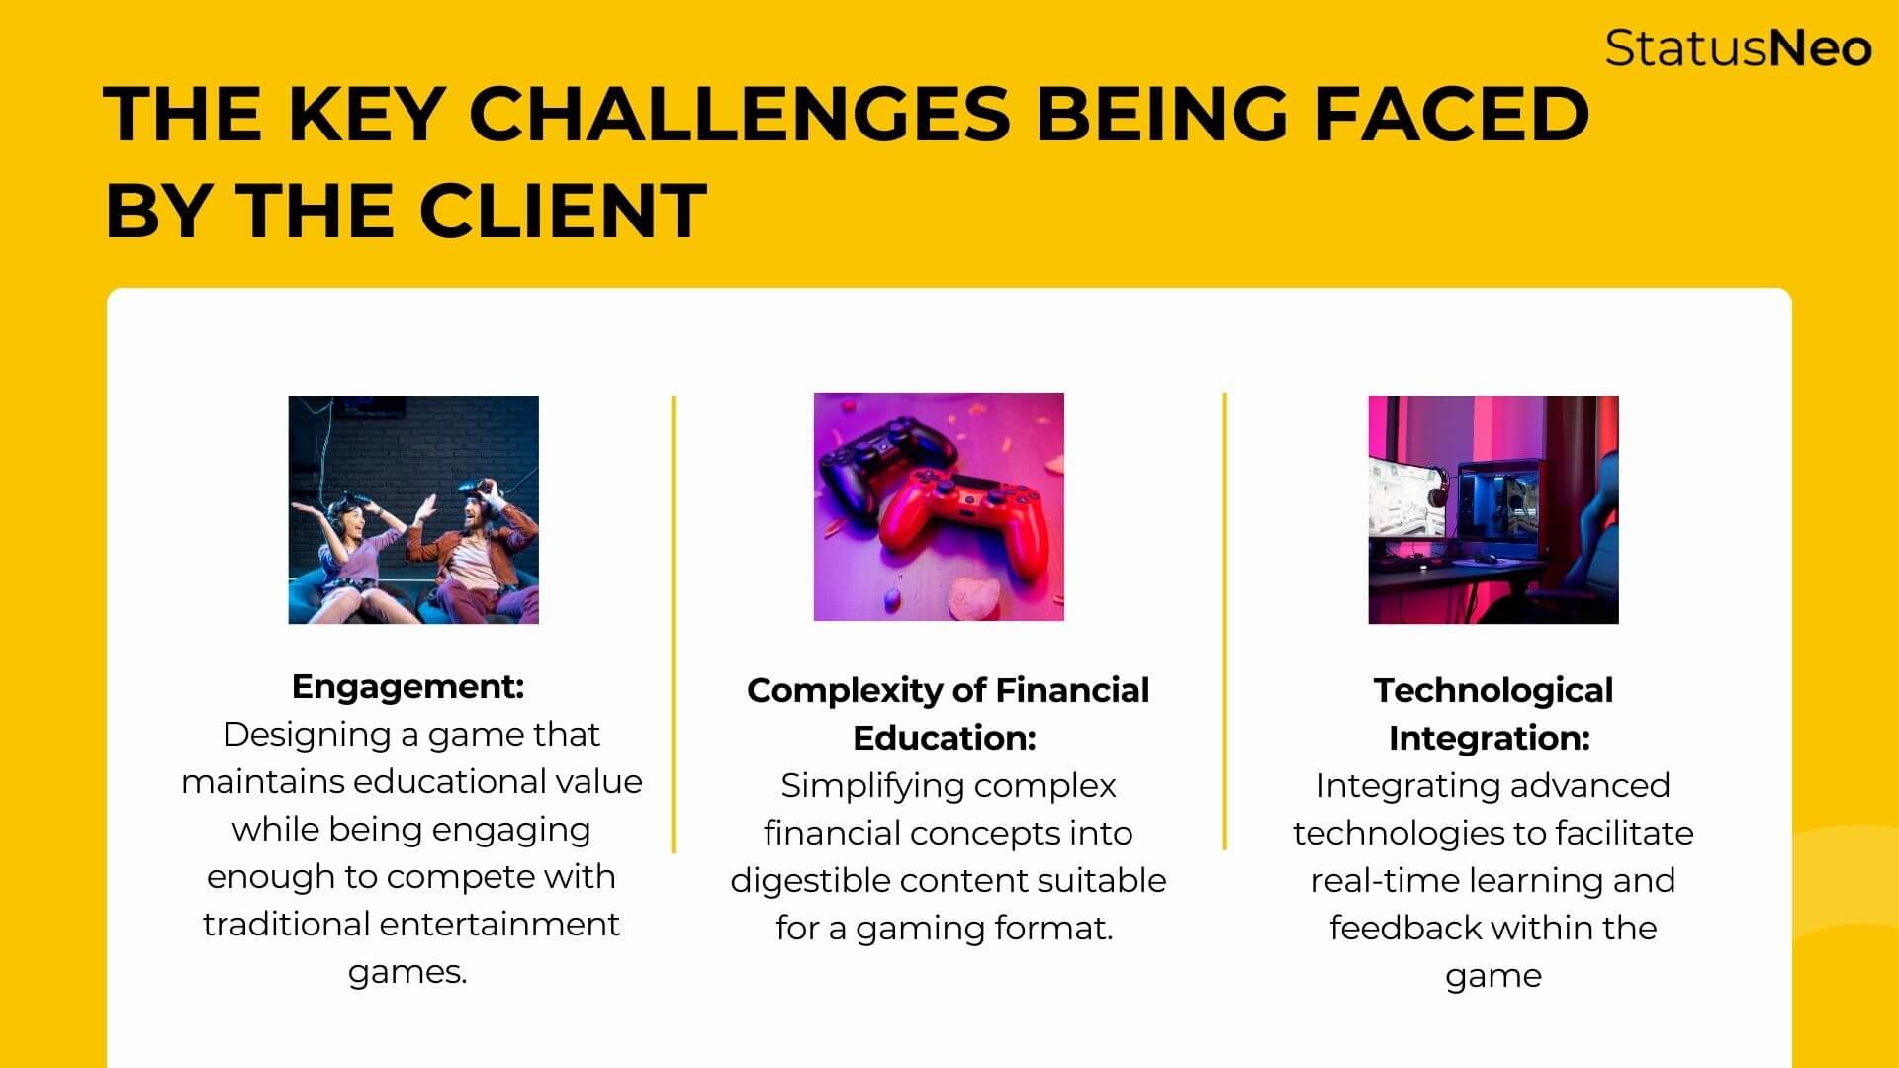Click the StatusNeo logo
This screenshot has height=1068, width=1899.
(x=1738, y=47)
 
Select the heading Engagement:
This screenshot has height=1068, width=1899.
(x=407, y=686)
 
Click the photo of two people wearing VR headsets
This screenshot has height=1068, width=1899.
(x=413, y=509)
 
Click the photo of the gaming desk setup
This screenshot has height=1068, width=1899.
(x=1493, y=509)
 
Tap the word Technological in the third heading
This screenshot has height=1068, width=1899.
(x=1492, y=690)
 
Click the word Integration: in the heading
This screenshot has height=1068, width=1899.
(x=1489, y=738)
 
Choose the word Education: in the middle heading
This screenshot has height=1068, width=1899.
(x=945, y=738)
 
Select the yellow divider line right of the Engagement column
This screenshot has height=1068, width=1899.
(x=674, y=624)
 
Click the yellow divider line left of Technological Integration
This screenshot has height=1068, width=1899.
(x=1225, y=621)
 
